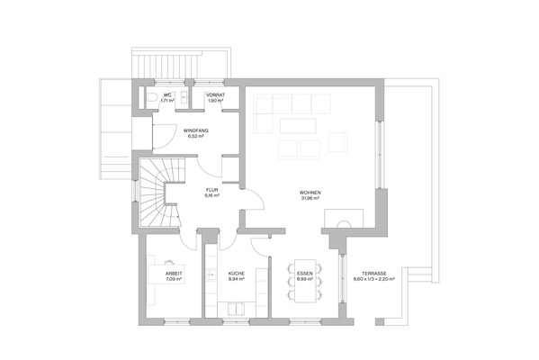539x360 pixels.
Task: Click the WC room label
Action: tap(167, 94)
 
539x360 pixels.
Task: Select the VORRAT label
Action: tap(215, 94)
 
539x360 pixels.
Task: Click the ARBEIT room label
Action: tap(173, 273)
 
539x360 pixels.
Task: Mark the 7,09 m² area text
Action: tap(173, 279)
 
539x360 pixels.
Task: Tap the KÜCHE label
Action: tap(237, 273)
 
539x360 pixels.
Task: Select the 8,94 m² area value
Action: tap(237, 279)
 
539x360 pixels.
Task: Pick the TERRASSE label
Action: tap(374, 273)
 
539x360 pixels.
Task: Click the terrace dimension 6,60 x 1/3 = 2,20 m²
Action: tap(374, 279)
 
